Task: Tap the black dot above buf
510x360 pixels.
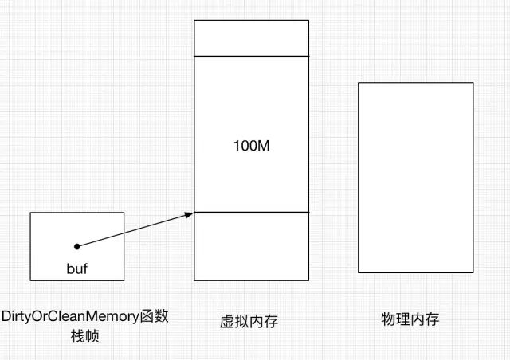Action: click(77, 246)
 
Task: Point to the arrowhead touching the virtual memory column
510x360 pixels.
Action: click(191, 213)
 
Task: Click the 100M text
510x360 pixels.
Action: click(251, 147)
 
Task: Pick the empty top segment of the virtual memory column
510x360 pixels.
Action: click(251, 38)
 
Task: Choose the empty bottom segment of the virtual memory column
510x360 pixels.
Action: click(251, 246)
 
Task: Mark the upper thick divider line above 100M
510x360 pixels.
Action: click(251, 57)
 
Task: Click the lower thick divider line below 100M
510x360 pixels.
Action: click(251, 213)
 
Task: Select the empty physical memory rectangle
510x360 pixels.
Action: click(415, 177)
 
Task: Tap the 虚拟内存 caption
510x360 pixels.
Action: click(249, 322)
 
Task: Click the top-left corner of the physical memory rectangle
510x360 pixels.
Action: click(359, 82)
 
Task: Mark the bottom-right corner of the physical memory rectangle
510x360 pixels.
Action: click(473, 272)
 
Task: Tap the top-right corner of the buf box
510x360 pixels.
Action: click(124, 213)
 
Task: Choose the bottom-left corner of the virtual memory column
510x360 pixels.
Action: click(194, 280)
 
